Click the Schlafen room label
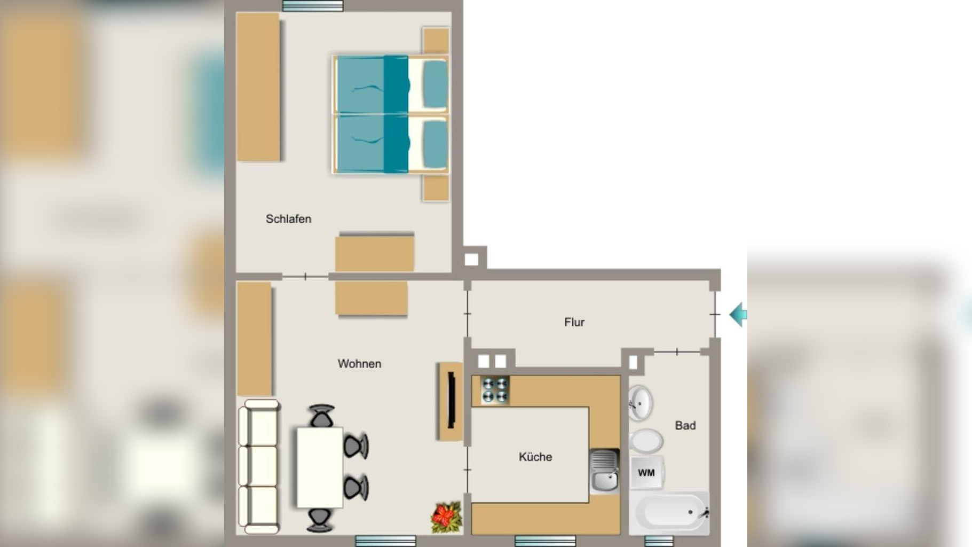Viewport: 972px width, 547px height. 288,219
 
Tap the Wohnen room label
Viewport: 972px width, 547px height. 359,364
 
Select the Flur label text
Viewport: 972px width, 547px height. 574,322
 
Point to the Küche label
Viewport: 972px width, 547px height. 535,457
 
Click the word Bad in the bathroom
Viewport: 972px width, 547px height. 685,426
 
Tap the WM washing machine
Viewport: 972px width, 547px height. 646,472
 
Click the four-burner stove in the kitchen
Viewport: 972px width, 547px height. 495,390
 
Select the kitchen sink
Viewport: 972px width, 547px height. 605,471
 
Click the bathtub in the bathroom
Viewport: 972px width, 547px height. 670,512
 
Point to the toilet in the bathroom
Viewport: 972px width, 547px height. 646,441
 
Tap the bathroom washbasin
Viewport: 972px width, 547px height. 641,403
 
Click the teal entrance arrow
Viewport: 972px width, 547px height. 738,315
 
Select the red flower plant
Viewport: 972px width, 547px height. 446,517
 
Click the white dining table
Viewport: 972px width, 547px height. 320,467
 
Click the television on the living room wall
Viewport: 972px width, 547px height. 451,401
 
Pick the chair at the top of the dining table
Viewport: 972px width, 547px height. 322,416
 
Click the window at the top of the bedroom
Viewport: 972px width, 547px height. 313,6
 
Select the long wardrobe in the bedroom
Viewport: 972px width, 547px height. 258,87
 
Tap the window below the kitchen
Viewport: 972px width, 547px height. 545,541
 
